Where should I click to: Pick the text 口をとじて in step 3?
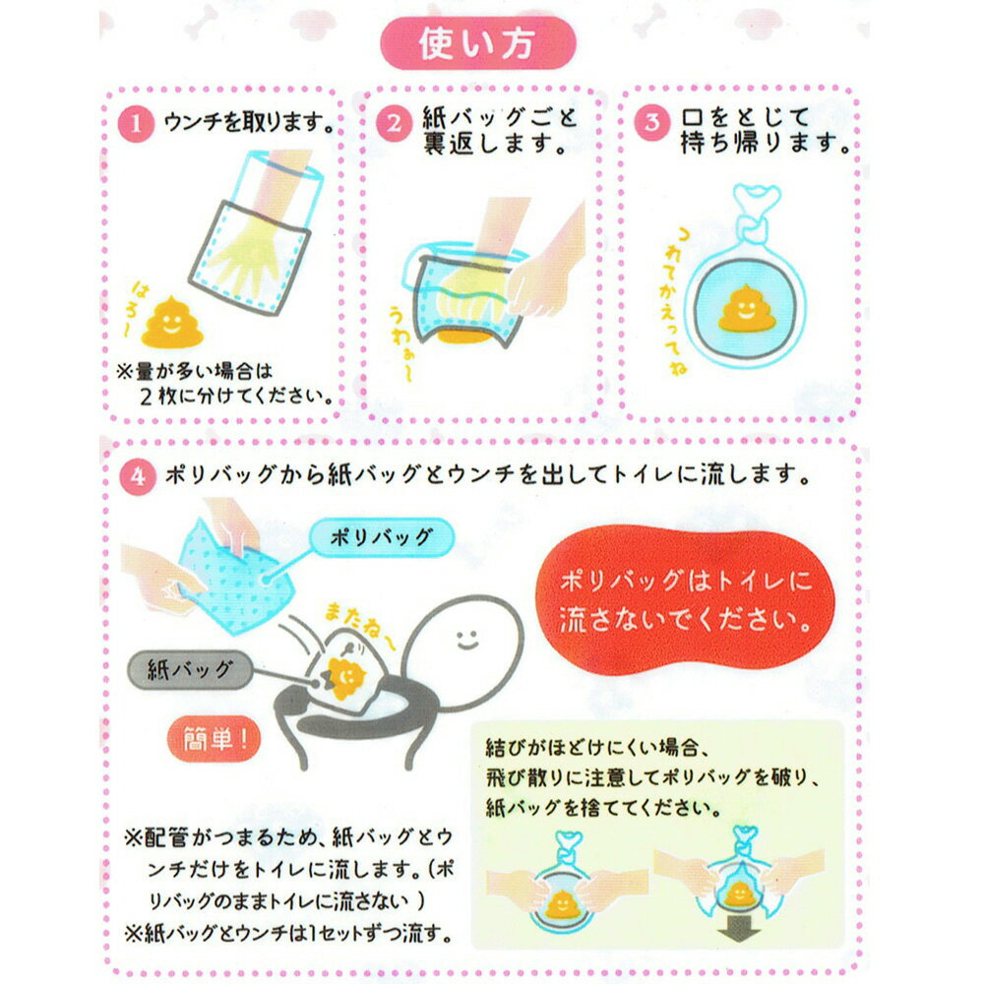coord(731,118)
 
